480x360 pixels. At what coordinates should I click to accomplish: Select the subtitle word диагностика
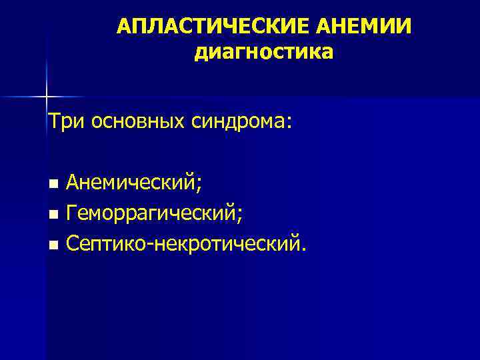pyautogui.click(x=263, y=52)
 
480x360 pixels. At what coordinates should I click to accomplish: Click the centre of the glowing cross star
pyautogui.click(x=47, y=97)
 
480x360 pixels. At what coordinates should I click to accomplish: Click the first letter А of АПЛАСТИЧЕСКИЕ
pyautogui.click(x=123, y=27)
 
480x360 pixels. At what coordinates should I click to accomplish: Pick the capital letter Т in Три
pyautogui.click(x=53, y=122)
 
